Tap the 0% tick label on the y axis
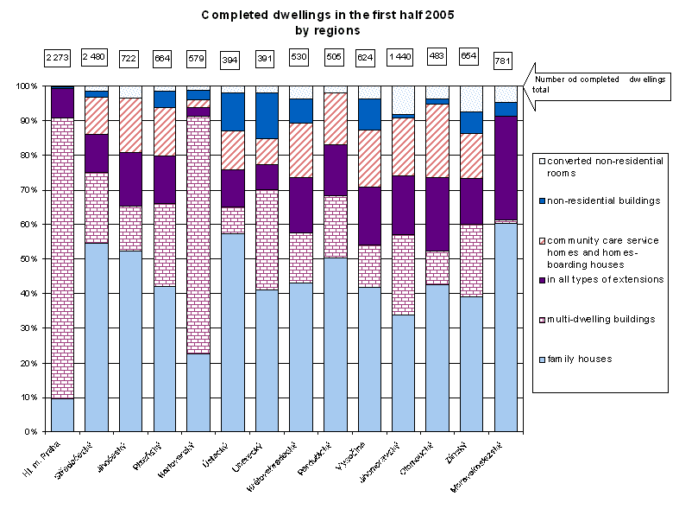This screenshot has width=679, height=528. click(x=31, y=431)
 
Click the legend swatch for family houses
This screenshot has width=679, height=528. click(x=541, y=359)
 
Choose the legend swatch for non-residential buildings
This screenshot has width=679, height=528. click(x=541, y=200)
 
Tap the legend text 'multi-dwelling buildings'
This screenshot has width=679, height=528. click(x=600, y=319)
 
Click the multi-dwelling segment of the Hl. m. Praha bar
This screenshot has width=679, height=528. click(x=61, y=258)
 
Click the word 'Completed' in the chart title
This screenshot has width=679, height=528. click(x=236, y=16)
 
